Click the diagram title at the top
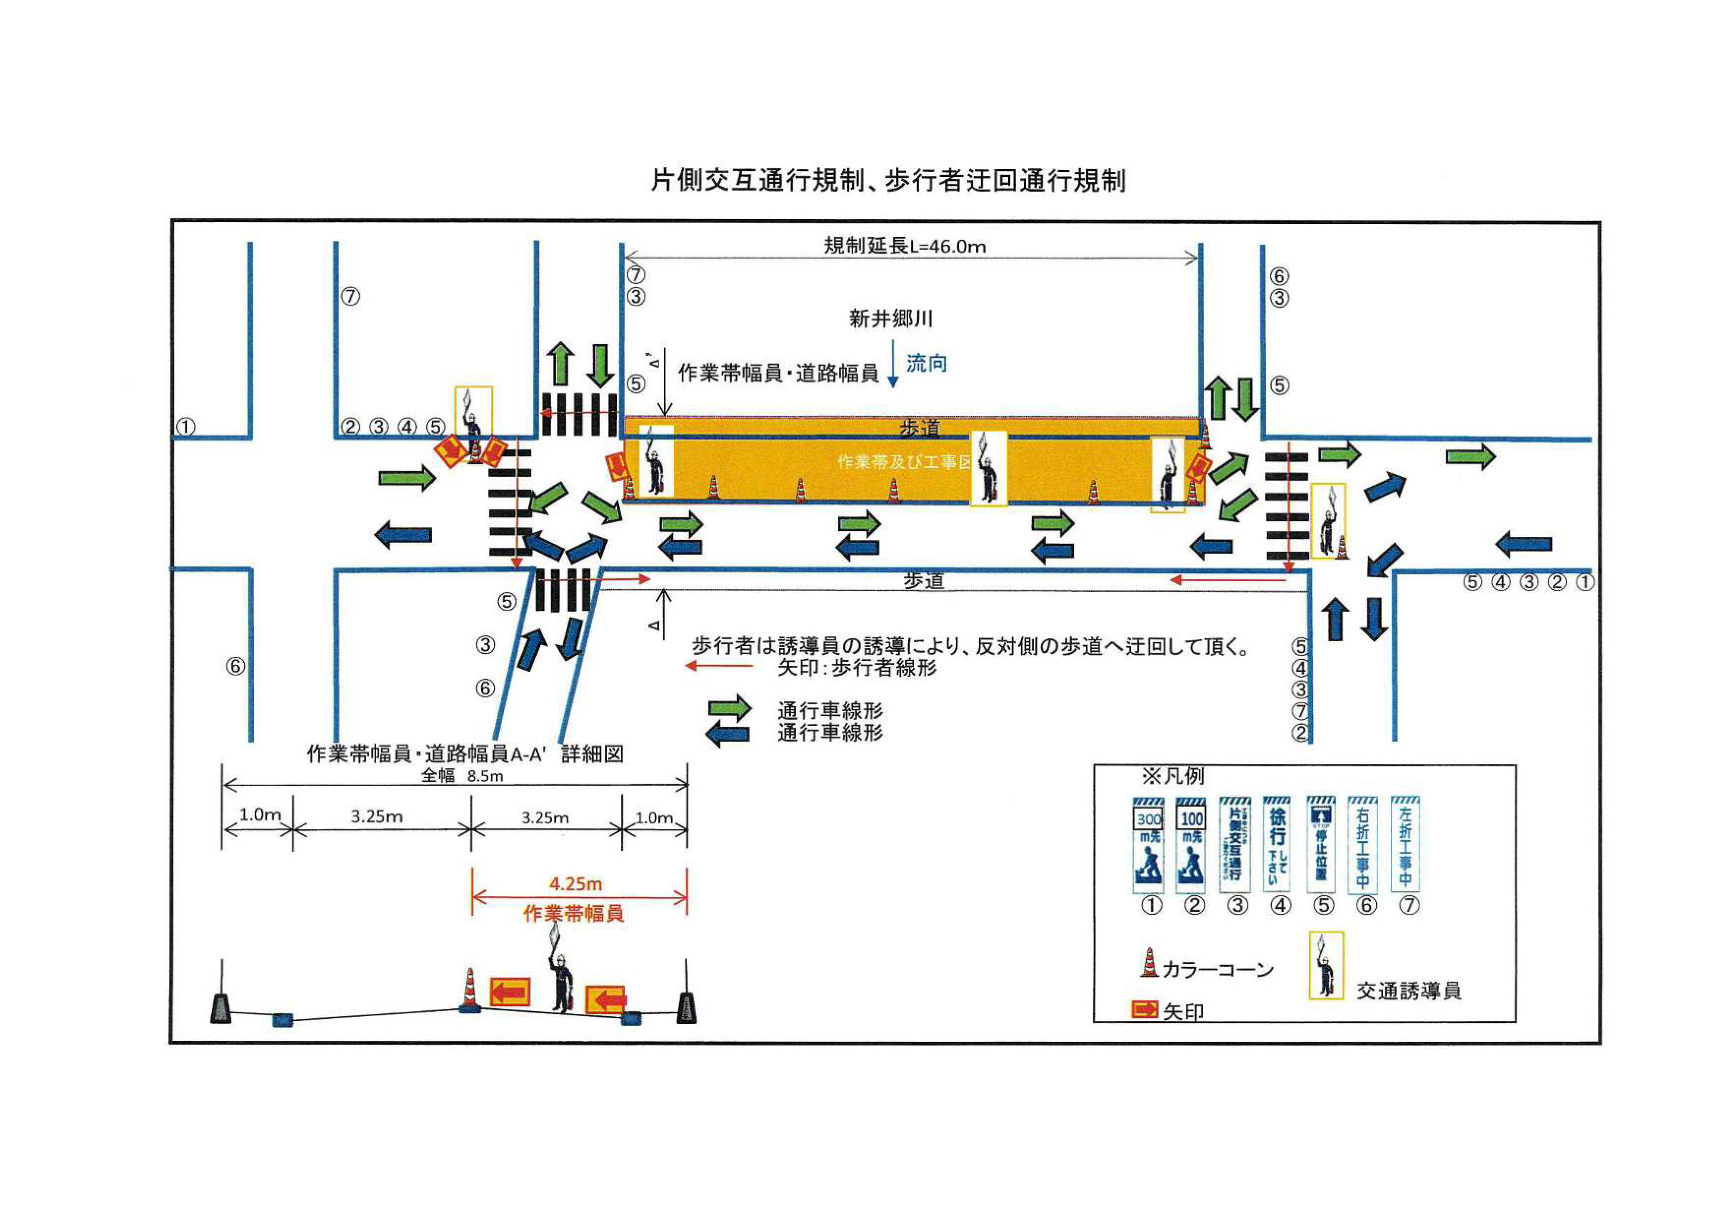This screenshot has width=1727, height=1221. [x=888, y=181]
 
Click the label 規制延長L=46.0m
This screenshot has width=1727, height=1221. [x=904, y=246]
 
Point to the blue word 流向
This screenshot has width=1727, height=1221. [x=926, y=364]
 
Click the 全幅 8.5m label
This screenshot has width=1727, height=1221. [x=462, y=776]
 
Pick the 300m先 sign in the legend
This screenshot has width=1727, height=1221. [x=1149, y=844]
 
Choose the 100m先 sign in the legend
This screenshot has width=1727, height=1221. [x=1191, y=844]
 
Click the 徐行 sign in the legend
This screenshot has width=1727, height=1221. [x=1277, y=844]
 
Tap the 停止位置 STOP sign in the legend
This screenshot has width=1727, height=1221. [x=1321, y=844]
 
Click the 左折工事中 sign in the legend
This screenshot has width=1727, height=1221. [x=1405, y=844]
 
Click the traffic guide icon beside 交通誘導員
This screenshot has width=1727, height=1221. [x=1326, y=965]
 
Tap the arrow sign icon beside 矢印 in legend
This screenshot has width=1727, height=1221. [x=1144, y=1010]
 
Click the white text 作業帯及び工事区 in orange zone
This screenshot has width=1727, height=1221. [x=904, y=462]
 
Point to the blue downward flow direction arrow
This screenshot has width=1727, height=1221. [x=893, y=364]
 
